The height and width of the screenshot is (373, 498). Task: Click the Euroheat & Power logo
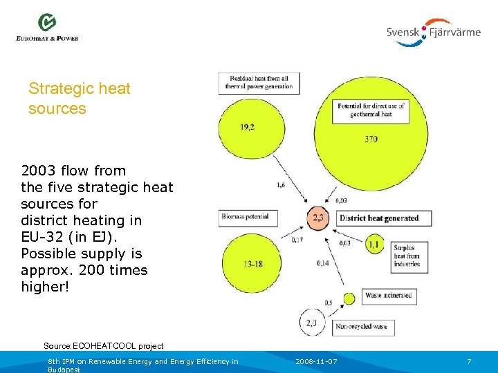point(47,28)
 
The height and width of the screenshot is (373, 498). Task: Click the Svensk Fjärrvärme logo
point(433,32)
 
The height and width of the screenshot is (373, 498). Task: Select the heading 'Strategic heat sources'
point(79,98)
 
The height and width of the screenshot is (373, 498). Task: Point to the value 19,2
point(247,126)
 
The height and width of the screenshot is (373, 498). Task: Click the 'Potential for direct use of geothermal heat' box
point(370,110)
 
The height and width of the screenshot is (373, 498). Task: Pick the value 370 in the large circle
point(371,139)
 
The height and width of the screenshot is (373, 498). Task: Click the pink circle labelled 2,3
point(319,218)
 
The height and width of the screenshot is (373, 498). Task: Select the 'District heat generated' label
point(383,218)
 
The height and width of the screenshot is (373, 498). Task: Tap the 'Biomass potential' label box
point(244,217)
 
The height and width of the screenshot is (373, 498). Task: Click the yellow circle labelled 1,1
point(373,244)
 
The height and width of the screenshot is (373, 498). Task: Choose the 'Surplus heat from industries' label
point(406,256)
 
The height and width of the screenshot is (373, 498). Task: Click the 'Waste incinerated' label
point(387,296)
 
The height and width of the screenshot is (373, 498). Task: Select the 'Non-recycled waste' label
point(370,325)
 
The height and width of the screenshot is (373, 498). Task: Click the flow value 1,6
point(281,185)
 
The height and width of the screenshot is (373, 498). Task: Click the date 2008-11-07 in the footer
point(316,362)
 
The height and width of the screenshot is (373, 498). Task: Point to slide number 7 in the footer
point(469,362)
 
